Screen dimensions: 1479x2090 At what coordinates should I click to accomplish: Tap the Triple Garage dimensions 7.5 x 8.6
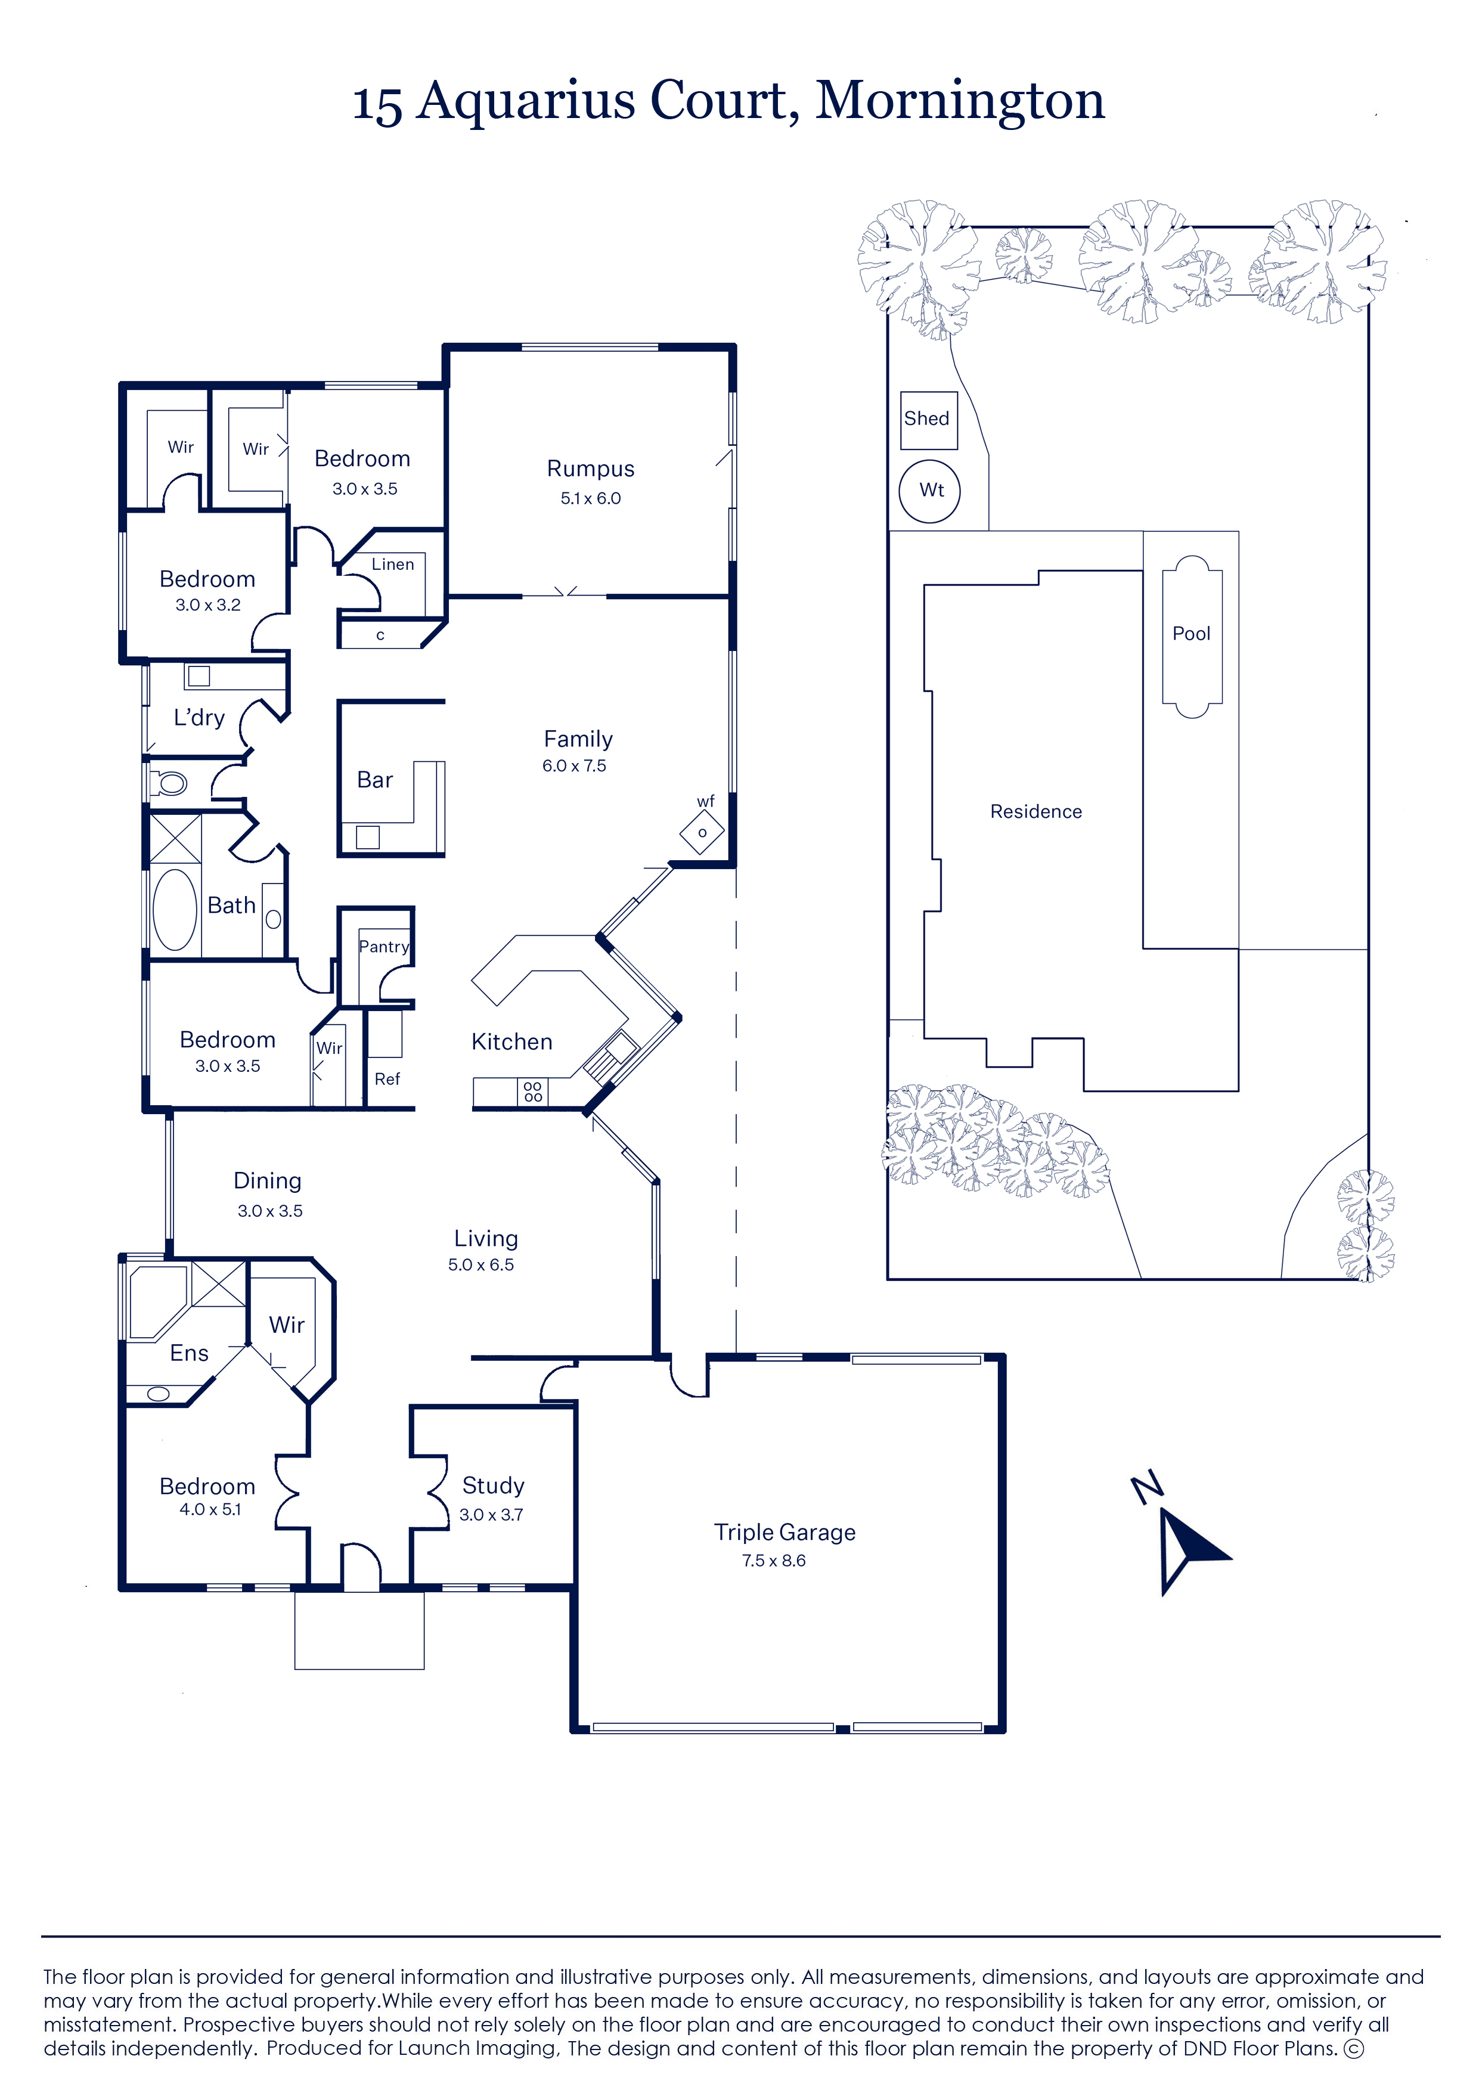pos(773,1560)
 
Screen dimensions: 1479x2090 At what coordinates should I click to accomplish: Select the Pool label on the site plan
pos(1191,633)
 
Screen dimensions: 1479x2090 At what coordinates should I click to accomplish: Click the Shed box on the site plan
pos(929,420)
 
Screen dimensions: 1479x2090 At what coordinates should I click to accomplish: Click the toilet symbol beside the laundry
pos(169,782)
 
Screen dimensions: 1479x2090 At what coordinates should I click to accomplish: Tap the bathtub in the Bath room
pos(175,910)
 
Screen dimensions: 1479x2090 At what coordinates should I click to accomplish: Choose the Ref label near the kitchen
pos(387,1078)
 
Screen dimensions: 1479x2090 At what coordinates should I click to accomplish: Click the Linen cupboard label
pos(392,564)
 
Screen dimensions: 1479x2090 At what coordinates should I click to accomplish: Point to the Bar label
pos(374,780)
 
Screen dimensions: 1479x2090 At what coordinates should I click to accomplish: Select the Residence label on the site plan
pos(1037,811)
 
